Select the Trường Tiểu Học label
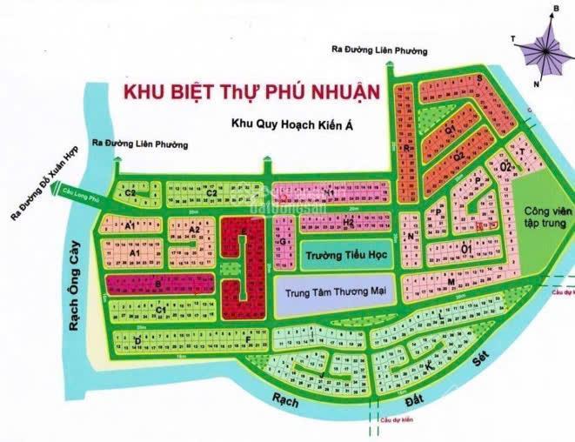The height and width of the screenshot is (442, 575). click(341, 257)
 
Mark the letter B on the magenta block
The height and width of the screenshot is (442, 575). click(157, 283)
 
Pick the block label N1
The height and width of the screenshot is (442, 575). click(329, 191)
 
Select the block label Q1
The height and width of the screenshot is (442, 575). click(451, 129)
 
